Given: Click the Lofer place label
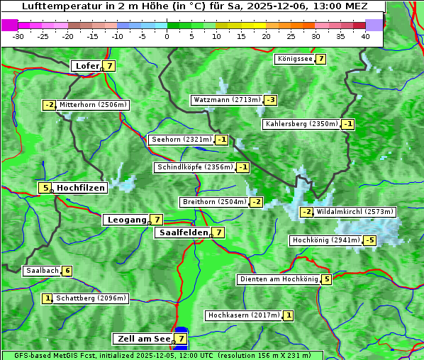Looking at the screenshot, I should (x=87, y=66).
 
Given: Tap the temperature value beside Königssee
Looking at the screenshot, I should (x=320, y=59).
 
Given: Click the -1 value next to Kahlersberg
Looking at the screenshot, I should (x=347, y=124).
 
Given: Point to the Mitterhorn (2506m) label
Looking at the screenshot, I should (x=93, y=105).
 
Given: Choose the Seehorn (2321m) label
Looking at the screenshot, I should (x=182, y=140).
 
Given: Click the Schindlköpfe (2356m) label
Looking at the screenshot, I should (x=194, y=167).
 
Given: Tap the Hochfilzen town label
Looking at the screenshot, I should (x=81, y=188).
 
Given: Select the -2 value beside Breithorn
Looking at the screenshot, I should (x=256, y=202).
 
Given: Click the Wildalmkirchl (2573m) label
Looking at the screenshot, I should (x=355, y=211).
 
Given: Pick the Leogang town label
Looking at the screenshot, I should (x=126, y=220).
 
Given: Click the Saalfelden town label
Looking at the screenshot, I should (x=183, y=232).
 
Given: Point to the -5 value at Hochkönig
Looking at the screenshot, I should (x=369, y=240).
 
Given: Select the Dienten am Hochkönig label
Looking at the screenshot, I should (x=278, y=279).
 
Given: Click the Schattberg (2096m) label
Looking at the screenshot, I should (x=91, y=298).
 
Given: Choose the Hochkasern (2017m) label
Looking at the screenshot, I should (x=243, y=315).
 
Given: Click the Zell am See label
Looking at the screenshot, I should (x=144, y=339).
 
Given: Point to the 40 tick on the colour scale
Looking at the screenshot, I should (x=365, y=36).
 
